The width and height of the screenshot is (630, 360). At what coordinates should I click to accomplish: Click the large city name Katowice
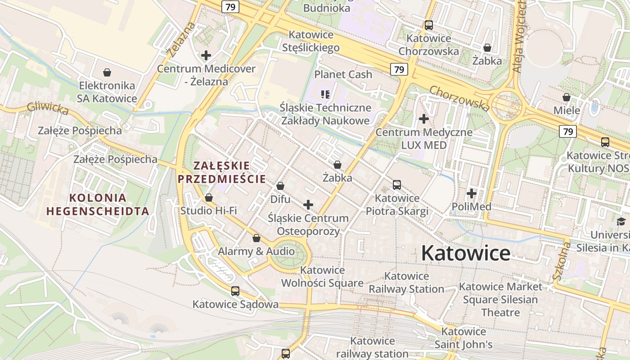(466, 253)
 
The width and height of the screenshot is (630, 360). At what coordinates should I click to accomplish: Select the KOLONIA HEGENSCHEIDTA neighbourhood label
(98, 204)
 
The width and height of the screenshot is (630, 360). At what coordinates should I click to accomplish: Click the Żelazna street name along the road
(181, 39)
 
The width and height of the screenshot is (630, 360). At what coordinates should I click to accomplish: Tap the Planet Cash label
(343, 74)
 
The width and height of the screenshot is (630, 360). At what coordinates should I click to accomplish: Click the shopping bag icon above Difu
(280, 186)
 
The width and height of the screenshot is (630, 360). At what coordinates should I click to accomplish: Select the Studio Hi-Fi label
(208, 211)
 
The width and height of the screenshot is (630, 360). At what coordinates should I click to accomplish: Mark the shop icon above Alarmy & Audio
(256, 238)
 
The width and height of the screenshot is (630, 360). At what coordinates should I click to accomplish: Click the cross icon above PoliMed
(472, 194)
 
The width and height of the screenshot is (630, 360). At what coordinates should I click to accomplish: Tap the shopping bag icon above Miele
(567, 97)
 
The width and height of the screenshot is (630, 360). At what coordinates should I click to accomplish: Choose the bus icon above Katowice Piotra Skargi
(397, 185)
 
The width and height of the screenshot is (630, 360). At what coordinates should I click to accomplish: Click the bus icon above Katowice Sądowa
(235, 291)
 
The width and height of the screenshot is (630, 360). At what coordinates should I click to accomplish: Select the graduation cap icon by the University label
(621, 221)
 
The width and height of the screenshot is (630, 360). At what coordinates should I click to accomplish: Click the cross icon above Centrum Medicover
(206, 55)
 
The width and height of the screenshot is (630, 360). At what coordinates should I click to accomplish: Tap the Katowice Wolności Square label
(322, 277)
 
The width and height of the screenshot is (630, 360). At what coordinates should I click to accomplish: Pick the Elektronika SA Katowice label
(107, 92)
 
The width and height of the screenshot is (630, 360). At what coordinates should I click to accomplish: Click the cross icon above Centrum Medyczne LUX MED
(424, 119)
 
